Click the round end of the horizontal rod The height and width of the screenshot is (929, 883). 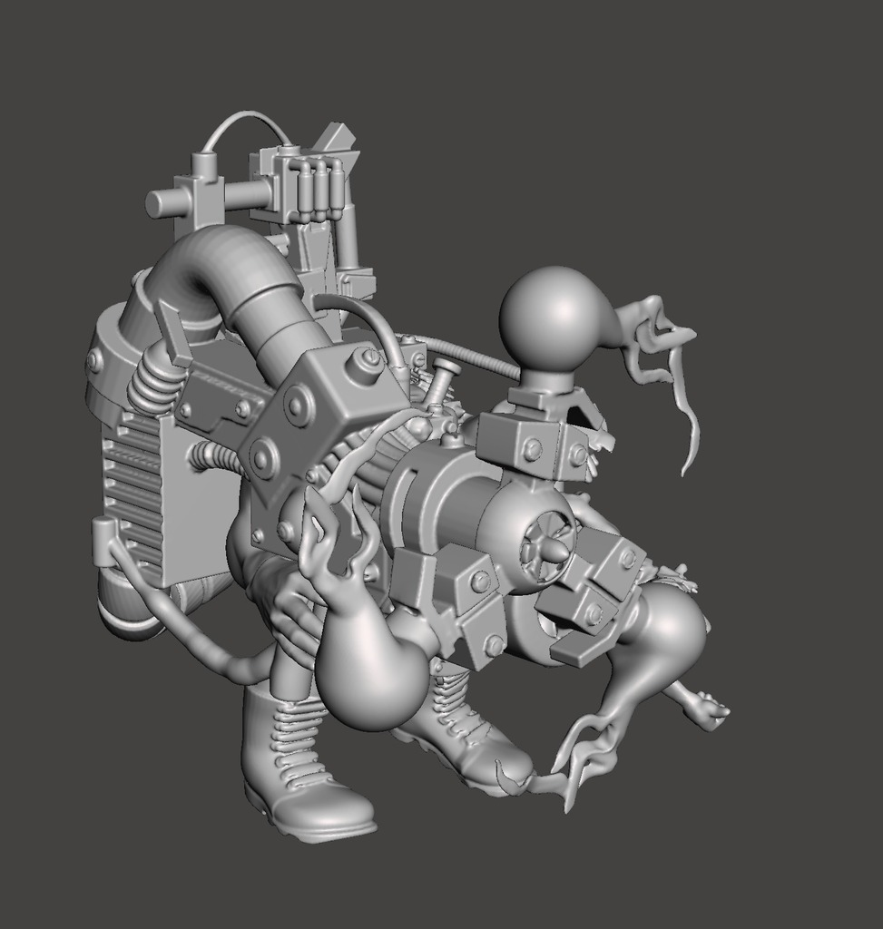[x=153, y=203]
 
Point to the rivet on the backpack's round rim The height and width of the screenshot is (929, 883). [x=95, y=362]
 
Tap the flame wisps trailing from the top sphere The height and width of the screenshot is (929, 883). [x=667, y=363]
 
